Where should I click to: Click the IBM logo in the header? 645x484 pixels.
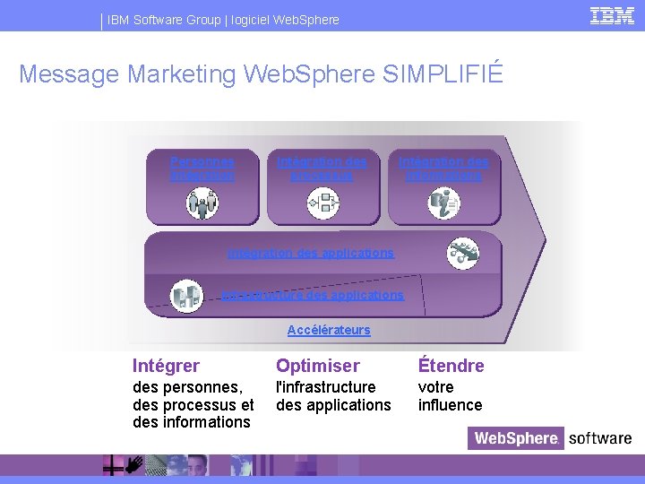coord(613,15)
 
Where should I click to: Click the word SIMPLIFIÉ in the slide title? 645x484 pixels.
coord(443,73)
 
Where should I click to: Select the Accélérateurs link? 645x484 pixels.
coord(329,330)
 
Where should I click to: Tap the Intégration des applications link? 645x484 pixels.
coord(310,253)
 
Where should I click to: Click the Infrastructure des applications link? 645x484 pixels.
coord(313,294)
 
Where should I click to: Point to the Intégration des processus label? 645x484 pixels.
coord(322,169)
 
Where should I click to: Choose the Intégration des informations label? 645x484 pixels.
coord(444,169)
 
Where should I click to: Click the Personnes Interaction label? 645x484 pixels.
coord(202,169)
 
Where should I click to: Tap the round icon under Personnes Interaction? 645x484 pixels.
coord(202,203)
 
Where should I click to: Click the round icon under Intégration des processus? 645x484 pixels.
coord(322,203)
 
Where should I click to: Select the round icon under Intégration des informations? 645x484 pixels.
coord(444,203)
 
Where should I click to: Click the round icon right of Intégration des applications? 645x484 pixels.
coord(463,253)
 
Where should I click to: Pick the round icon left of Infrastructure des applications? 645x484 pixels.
coord(186,295)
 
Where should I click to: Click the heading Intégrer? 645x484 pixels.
coord(166,366)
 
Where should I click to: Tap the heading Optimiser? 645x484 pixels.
coord(317,366)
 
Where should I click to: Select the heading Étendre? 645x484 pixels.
coord(451,366)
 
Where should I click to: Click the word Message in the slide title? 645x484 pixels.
coord(69,73)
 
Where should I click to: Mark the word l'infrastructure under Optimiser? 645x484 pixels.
coord(325,387)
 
